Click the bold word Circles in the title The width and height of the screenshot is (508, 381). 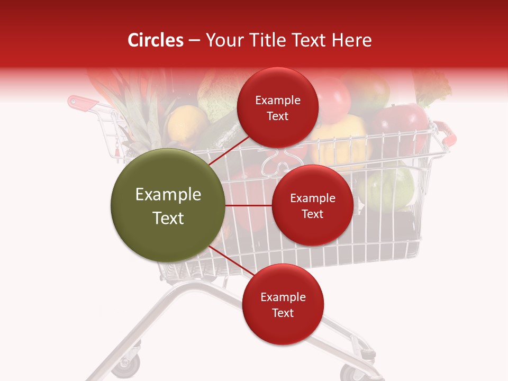tap(156, 40)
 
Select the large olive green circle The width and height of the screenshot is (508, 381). tap(168, 205)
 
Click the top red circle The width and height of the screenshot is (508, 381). tap(278, 107)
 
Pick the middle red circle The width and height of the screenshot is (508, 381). tap(312, 205)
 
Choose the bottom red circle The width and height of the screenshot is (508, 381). tap(283, 304)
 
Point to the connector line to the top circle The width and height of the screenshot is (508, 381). tap(229, 150)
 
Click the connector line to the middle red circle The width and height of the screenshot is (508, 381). tap(249, 205)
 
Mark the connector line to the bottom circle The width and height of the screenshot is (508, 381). tap(232, 261)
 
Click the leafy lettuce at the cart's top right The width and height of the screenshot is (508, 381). tap(431, 87)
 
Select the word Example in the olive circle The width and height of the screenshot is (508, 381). tap(168, 195)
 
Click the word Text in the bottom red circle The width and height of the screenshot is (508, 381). tap(283, 313)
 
